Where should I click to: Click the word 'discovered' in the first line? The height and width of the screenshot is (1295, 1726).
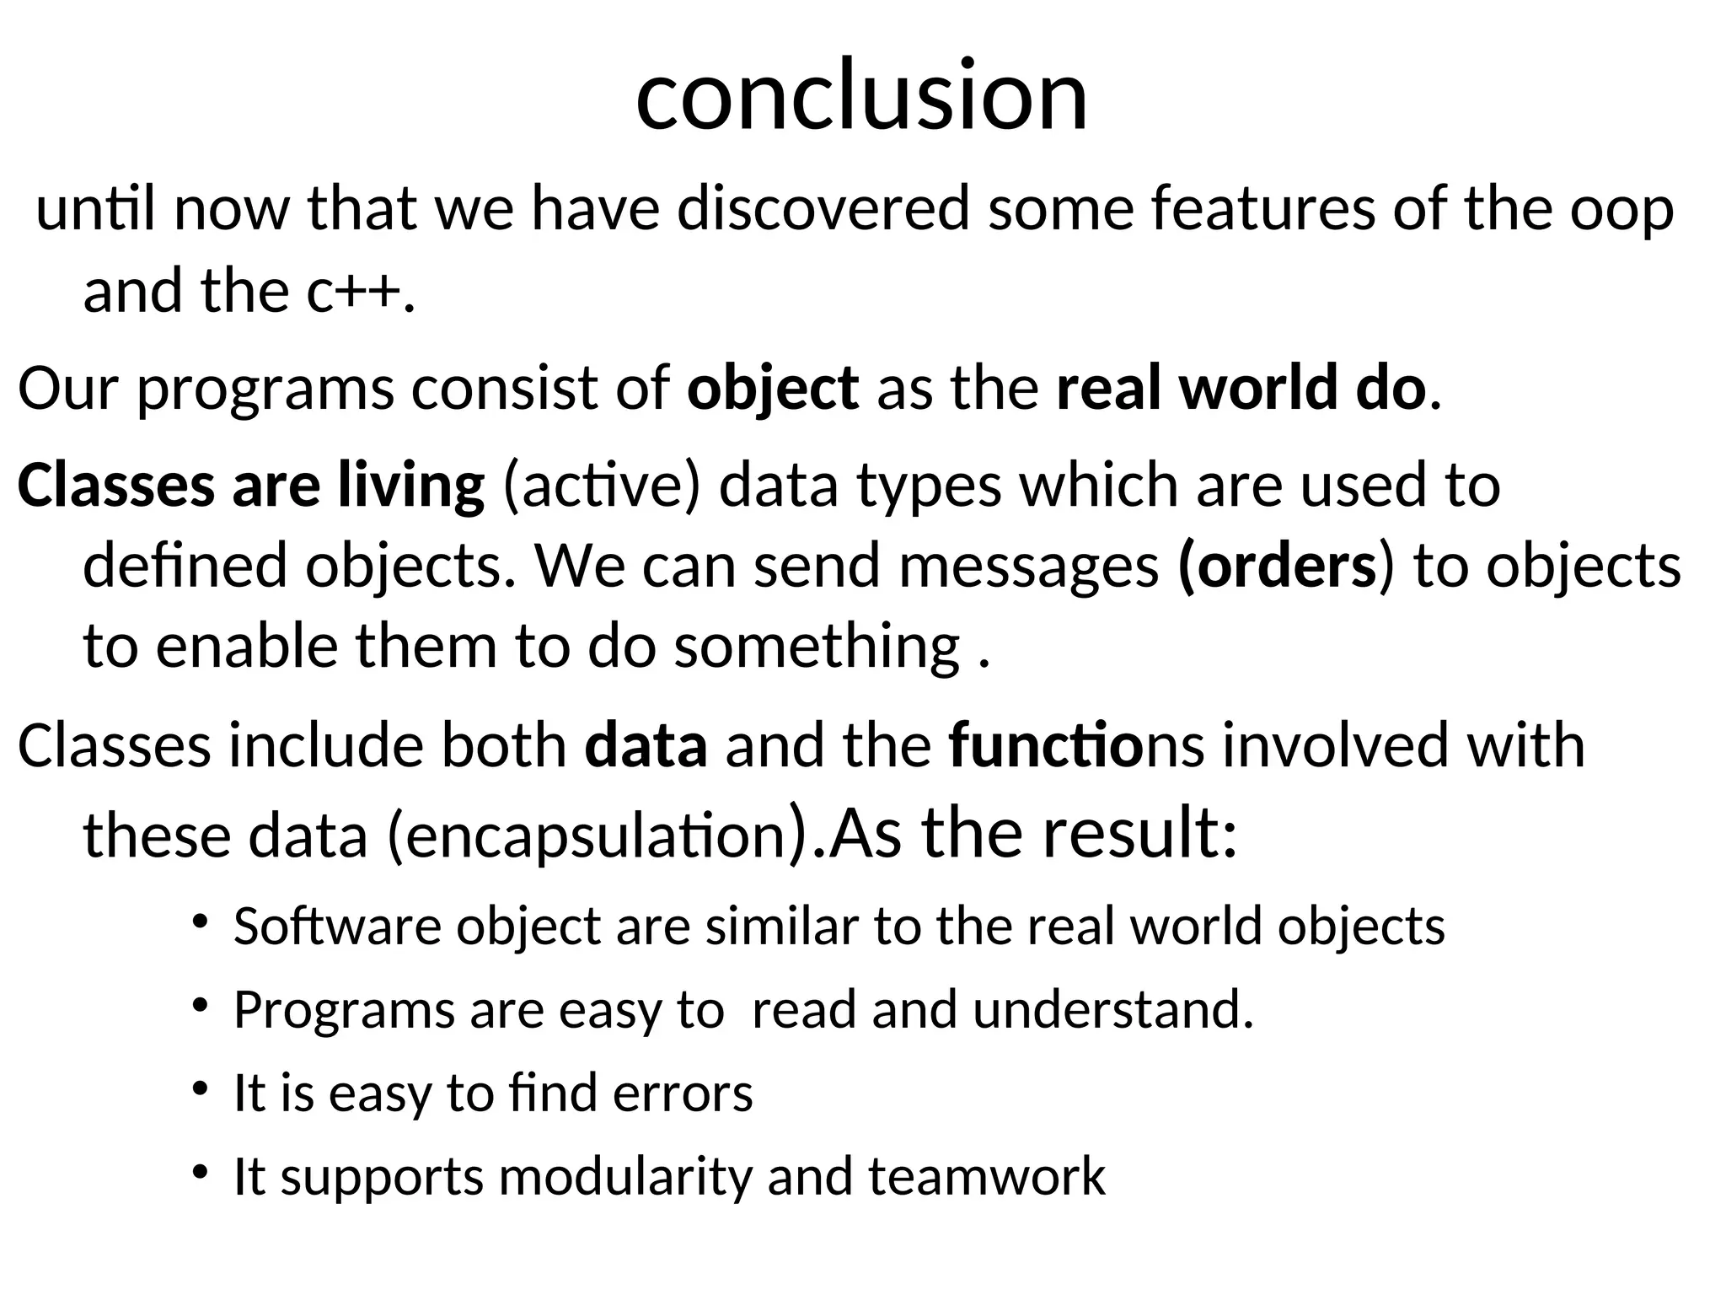823,209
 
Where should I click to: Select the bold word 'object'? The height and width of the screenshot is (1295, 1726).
772,389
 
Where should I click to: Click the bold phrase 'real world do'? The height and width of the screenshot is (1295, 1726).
1241,389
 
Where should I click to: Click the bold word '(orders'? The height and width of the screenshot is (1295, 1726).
1277,567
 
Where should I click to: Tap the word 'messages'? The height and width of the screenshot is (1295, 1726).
1028,567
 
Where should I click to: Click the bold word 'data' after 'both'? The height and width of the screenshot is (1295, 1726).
646,746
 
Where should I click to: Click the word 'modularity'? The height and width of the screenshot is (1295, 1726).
624,1177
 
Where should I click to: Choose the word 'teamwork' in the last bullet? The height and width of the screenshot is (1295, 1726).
986,1177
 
